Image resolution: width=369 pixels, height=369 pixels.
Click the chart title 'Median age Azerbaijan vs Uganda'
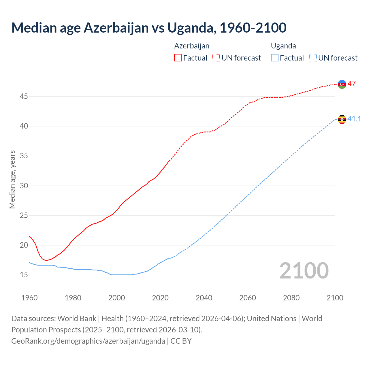(149, 28)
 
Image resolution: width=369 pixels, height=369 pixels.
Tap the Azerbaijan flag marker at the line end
(342, 84)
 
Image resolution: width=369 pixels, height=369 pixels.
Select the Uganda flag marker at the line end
(342, 119)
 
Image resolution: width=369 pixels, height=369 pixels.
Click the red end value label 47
(351, 84)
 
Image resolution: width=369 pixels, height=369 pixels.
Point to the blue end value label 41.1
(354, 119)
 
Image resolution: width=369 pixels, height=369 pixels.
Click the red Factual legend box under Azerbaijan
(178, 58)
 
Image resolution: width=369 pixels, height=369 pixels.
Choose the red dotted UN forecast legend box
(216, 58)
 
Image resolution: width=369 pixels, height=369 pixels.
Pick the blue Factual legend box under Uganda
(275, 58)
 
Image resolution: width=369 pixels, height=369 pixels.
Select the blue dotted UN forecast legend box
(313, 58)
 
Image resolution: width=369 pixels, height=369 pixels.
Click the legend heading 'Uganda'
(283, 46)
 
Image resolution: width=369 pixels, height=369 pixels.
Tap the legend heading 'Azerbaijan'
(192, 46)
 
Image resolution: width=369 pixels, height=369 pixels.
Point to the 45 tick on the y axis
(24, 96)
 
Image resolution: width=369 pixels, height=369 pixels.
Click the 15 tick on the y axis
(24, 275)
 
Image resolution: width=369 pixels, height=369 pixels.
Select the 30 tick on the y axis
(24, 186)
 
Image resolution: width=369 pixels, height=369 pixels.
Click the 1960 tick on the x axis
(29, 298)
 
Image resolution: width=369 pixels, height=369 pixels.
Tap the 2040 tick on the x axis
(204, 298)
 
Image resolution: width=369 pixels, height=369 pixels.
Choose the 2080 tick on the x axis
(291, 298)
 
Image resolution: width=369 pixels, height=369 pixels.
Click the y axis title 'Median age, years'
(12, 179)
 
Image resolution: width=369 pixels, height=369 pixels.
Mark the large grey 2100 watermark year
(304, 270)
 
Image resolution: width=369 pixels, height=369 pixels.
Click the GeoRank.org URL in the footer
(88, 341)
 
